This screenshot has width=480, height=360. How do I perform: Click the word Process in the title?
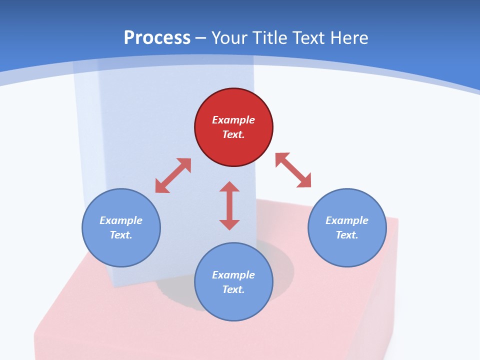(x=157, y=38)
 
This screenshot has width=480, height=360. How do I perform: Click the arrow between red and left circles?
(x=173, y=175)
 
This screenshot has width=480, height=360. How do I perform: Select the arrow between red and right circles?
(x=293, y=170)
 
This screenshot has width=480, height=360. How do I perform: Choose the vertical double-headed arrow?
(x=229, y=205)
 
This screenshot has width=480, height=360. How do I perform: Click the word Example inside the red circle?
(x=233, y=120)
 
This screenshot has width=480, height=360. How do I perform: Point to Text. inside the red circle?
(x=233, y=134)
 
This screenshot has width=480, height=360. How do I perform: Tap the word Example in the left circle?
(x=121, y=220)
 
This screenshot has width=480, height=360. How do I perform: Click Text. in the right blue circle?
(x=347, y=235)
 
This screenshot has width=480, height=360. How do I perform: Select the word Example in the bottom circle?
(x=233, y=275)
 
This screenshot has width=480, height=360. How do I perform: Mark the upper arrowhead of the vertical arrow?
(x=229, y=187)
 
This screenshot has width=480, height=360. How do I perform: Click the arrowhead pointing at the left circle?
(x=161, y=186)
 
